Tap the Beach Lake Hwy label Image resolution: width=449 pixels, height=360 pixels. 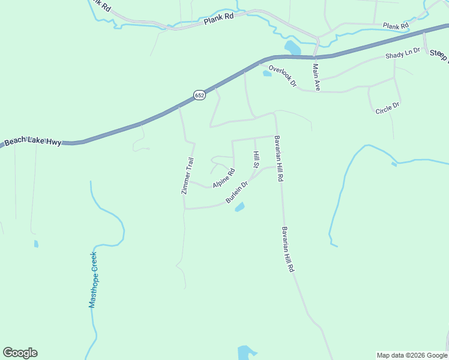click(x=32, y=142)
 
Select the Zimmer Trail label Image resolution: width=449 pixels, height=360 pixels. click(x=188, y=176)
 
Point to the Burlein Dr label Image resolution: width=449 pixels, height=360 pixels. click(x=237, y=192)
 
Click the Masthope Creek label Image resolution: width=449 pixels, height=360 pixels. click(x=93, y=280)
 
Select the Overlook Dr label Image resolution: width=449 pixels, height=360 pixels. click(x=283, y=76)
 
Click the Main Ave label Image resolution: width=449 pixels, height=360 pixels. click(x=316, y=77)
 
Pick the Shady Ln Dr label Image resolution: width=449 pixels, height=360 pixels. click(x=403, y=55)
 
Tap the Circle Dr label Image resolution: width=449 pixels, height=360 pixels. click(x=387, y=109)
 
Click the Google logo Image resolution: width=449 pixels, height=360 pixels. click(x=20, y=353)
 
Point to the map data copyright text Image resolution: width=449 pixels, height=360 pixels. click(x=411, y=355)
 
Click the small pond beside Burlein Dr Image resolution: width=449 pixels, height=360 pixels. click(x=240, y=207)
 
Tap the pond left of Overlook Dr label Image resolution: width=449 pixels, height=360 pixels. click(x=267, y=74)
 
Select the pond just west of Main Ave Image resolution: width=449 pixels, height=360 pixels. click(x=292, y=47)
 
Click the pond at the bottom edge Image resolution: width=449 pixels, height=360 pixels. click(x=246, y=352)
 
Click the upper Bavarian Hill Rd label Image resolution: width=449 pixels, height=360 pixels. click(x=278, y=159)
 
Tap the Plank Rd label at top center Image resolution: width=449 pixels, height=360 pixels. click(x=218, y=19)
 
